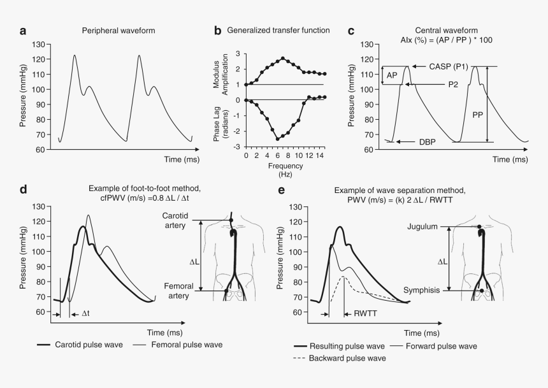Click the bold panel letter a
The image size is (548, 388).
click(23, 30)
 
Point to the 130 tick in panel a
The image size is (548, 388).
click(43, 45)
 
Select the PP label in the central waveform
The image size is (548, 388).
click(477, 115)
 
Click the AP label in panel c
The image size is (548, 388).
click(391, 75)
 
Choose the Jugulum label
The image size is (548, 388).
click(422, 227)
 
